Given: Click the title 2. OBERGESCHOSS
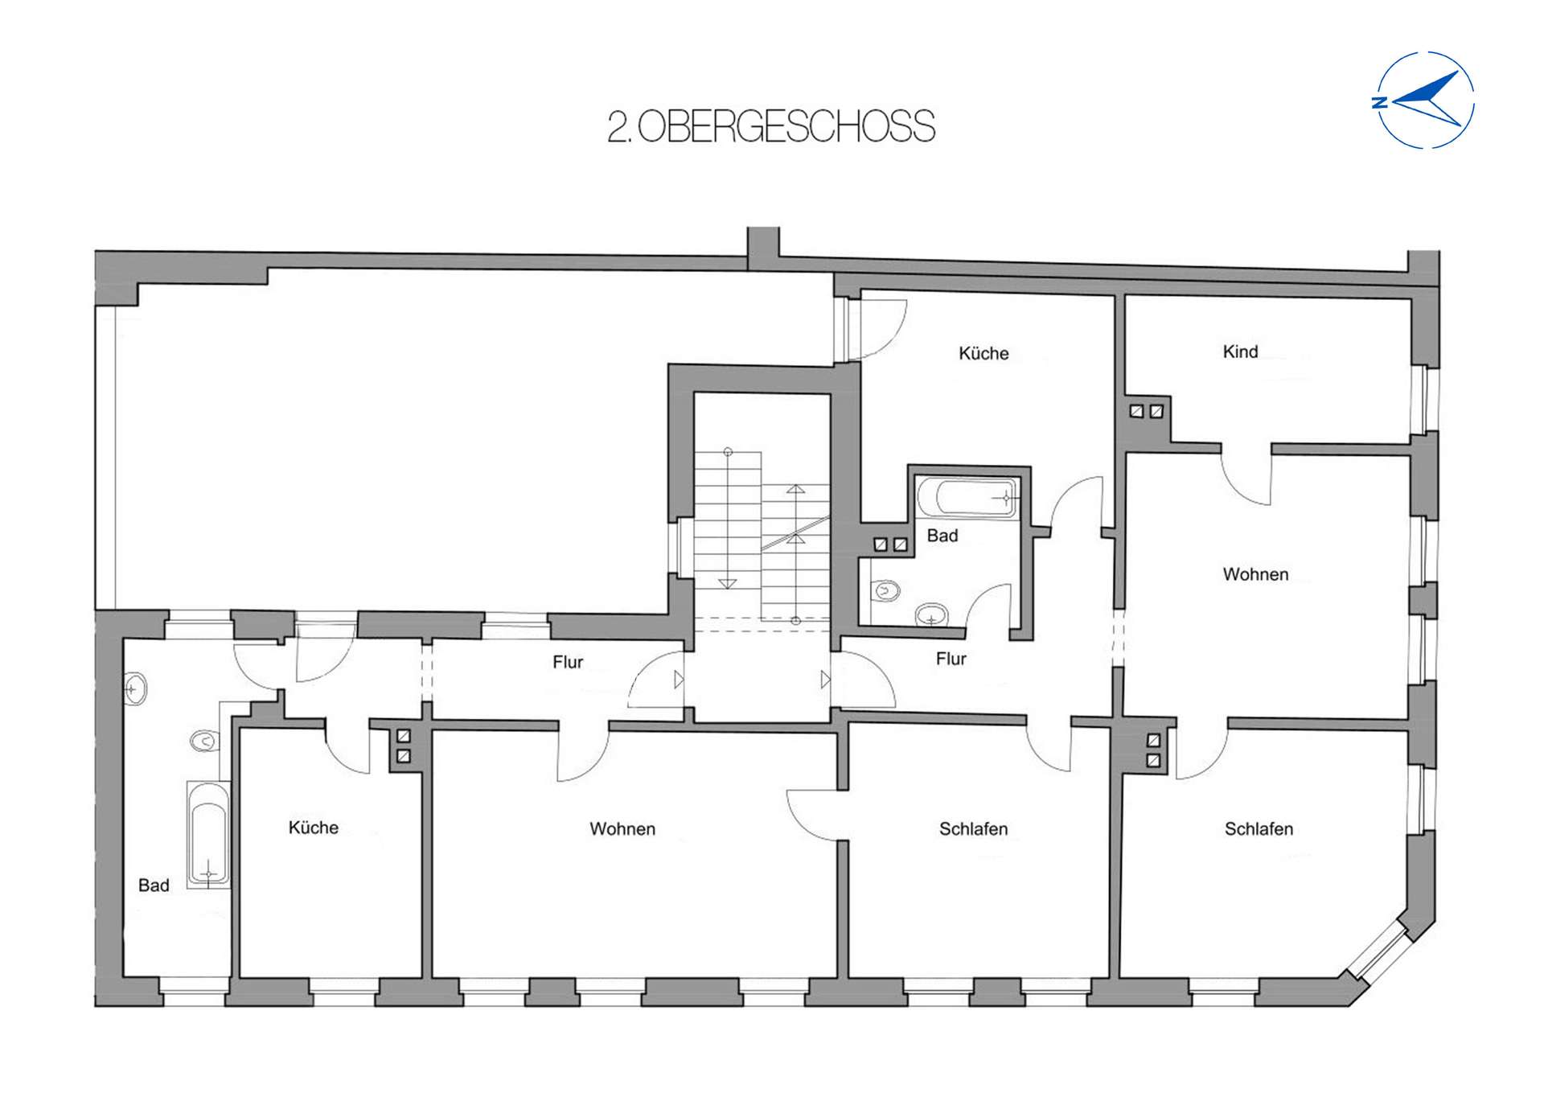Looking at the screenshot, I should click(x=771, y=127).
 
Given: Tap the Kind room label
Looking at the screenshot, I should click(x=1239, y=351).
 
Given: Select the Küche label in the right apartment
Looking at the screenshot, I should click(x=983, y=353).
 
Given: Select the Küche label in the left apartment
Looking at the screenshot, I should click(x=313, y=828).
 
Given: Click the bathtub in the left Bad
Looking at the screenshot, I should click(x=209, y=835).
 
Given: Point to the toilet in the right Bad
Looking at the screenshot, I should click(x=885, y=591).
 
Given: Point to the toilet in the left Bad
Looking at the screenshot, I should click(x=204, y=740).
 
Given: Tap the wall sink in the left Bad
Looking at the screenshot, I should click(x=136, y=689).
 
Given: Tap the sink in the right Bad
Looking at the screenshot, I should click(x=932, y=616).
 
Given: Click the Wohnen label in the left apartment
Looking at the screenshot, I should click(x=622, y=828).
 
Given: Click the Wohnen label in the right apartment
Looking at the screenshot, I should click(x=1254, y=574).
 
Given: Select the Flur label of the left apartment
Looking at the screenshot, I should click(x=567, y=662).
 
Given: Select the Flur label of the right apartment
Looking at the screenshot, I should click(x=951, y=659).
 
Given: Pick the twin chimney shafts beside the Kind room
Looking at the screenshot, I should click(x=1146, y=411).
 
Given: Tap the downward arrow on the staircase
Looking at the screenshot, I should click(x=727, y=584).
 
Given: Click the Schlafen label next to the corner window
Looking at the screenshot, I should click(x=1258, y=828).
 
